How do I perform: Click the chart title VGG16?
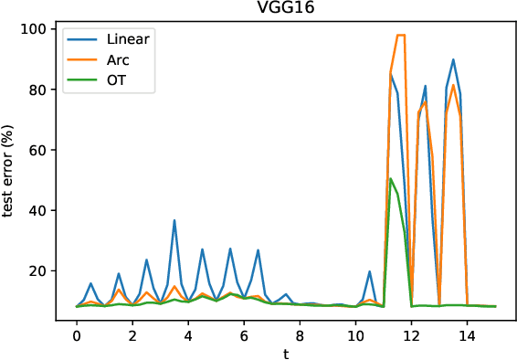tap(286, 9)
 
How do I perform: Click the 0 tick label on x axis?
tap(77, 334)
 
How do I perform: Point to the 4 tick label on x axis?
tap(188, 334)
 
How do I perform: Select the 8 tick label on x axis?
tap(301, 334)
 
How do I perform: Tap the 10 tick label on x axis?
tap(356, 334)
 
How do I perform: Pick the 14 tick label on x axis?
tap(468, 334)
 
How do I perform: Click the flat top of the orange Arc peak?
tap(400, 35)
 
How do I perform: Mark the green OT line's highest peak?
tap(391, 178)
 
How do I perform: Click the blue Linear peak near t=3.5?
tap(174, 220)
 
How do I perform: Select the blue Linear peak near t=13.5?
tap(453, 59)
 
